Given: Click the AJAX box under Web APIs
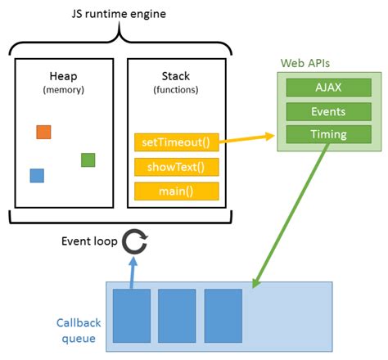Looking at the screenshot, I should (327, 88).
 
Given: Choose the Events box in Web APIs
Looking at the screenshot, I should (327, 111).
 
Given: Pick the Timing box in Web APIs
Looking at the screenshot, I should (327, 134).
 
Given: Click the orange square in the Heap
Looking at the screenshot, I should (43, 132).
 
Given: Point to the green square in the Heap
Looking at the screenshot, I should (88, 160).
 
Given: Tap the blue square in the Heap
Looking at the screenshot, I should (37, 175).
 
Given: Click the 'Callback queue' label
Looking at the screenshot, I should (76, 329).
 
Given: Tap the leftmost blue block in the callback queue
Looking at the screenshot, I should (132, 316).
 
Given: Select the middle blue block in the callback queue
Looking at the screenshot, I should (178, 316).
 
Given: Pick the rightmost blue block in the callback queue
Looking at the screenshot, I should (223, 316).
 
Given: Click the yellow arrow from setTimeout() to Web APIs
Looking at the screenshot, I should (246, 139).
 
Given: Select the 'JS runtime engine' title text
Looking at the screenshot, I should (118, 14).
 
